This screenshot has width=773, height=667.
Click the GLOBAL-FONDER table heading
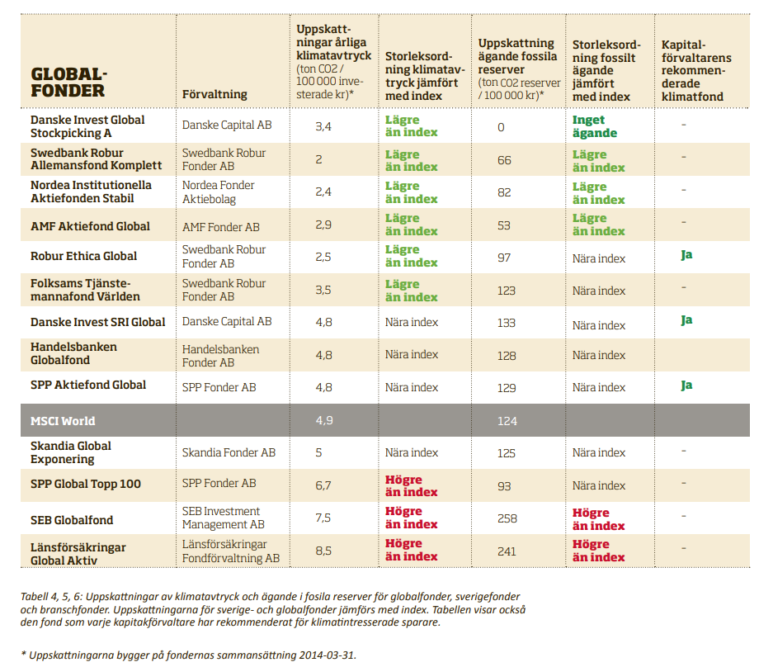click(69, 83)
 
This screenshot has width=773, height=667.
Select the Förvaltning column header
click(214, 95)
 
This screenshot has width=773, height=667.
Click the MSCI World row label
click(63, 421)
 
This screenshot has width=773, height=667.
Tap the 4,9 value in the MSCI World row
click(323, 421)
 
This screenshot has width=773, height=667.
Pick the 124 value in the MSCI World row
click(507, 421)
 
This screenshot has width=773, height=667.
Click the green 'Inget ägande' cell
click(595, 126)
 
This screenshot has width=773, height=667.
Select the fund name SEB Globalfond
click(72, 520)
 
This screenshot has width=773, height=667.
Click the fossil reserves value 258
click(507, 518)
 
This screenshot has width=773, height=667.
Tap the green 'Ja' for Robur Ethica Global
click(686, 255)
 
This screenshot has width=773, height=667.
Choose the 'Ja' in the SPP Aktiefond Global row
click(686, 386)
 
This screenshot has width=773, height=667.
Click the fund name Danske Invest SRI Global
click(97, 322)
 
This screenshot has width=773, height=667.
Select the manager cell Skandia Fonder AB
click(229, 452)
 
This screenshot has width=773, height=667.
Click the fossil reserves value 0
click(501, 128)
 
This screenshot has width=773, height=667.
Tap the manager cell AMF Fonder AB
click(220, 227)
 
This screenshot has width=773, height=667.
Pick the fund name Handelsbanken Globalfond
click(73, 354)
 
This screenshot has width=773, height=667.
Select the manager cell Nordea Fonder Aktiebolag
click(219, 192)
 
